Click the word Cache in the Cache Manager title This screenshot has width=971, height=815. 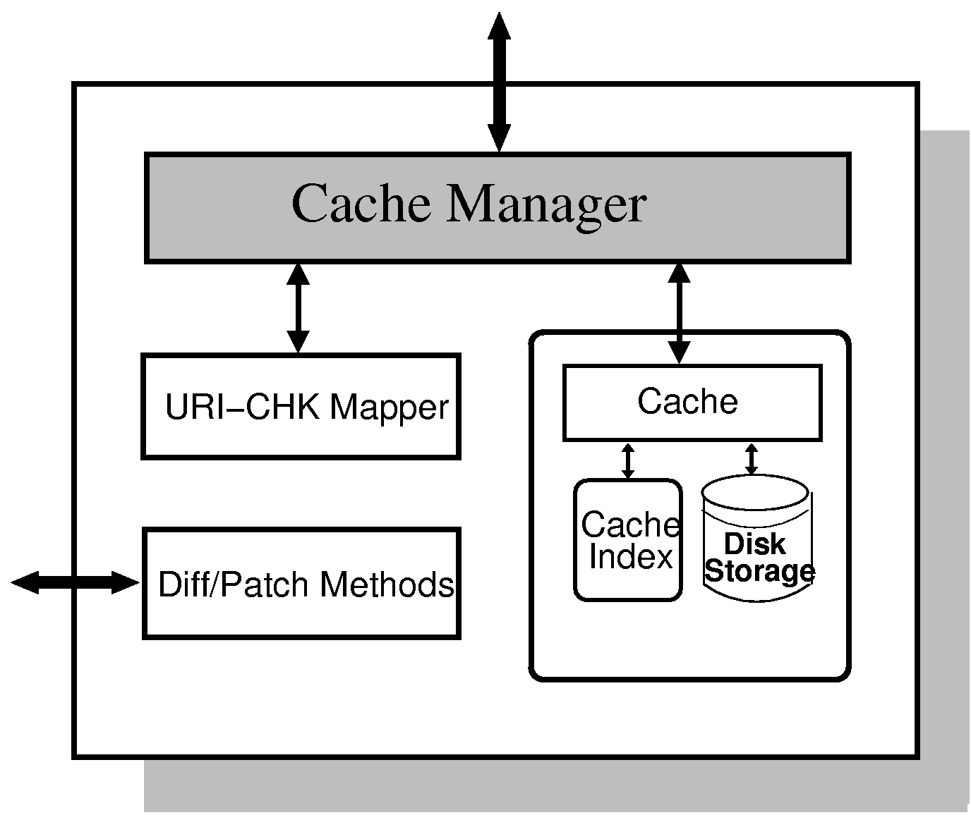coord(361,204)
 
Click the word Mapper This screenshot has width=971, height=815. coord(389,407)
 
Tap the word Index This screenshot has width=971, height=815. coord(631,557)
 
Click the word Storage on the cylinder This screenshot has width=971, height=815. coord(760,570)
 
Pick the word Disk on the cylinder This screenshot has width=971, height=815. coord(754,544)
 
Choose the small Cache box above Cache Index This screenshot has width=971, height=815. coord(692,403)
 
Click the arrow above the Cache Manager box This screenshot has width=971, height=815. coord(499,82)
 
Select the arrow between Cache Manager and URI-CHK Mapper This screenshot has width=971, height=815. coord(298,308)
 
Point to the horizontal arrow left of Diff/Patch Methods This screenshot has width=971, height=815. coord(75,582)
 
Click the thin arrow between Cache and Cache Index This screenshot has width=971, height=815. coord(627,460)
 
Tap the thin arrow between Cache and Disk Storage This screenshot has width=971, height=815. coord(751,458)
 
